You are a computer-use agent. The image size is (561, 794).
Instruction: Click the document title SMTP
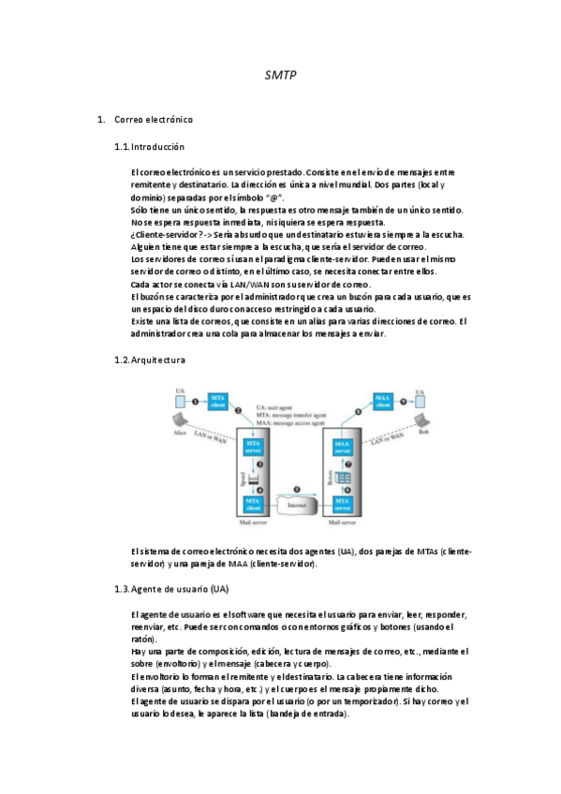(x=281, y=74)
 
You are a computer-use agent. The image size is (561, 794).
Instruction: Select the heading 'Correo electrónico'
(x=154, y=120)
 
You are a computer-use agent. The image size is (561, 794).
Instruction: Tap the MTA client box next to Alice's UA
(x=218, y=402)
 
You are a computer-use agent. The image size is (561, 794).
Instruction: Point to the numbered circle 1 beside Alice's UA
(x=195, y=401)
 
